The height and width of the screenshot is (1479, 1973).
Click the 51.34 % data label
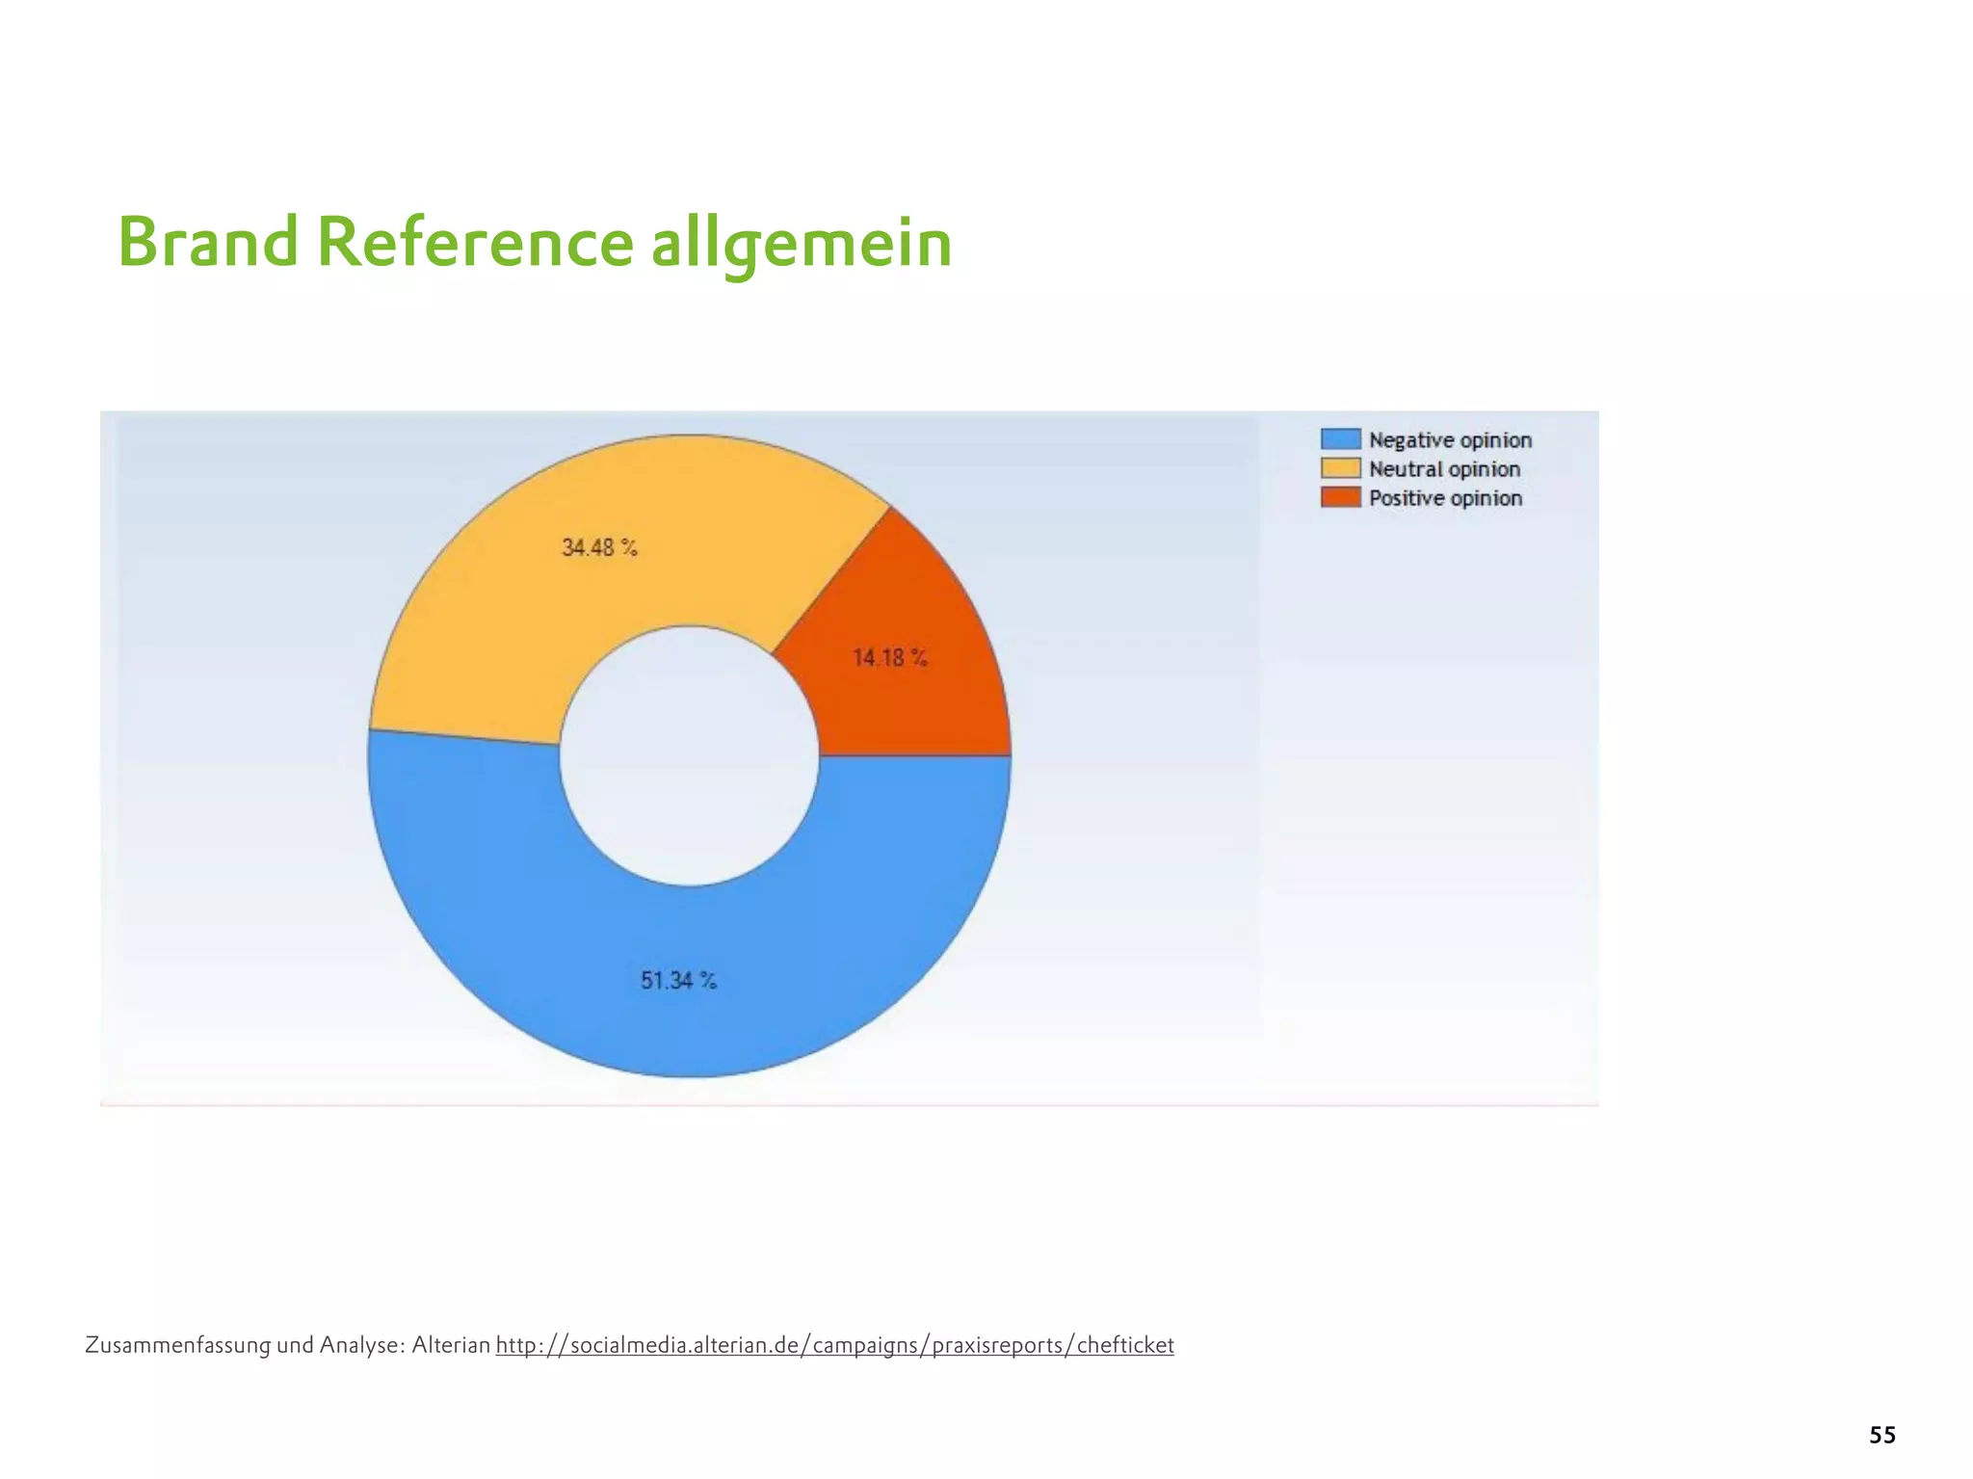pyautogui.click(x=679, y=981)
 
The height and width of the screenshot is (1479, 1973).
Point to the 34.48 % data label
pyautogui.click(x=599, y=547)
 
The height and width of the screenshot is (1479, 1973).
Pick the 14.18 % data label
pyautogui.click(x=889, y=658)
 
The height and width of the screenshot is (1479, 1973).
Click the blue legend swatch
pyautogui.click(x=1340, y=439)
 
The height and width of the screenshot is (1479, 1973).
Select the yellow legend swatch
pyautogui.click(x=1340, y=469)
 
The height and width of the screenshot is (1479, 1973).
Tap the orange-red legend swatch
pyautogui.click(x=1340, y=498)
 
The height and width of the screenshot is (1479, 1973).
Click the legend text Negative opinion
pyautogui.click(x=1450, y=440)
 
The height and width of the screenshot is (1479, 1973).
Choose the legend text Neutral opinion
pyautogui.click(x=1444, y=469)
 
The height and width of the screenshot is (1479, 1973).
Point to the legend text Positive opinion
pyautogui.click(x=1445, y=498)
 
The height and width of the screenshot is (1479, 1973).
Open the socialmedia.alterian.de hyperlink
pyautogui.click(x=834, y=1345)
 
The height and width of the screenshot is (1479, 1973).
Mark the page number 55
pyautogui.click(x=1881, y=1435)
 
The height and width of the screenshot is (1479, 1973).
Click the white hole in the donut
pyautogui.click(x=690, y=756)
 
